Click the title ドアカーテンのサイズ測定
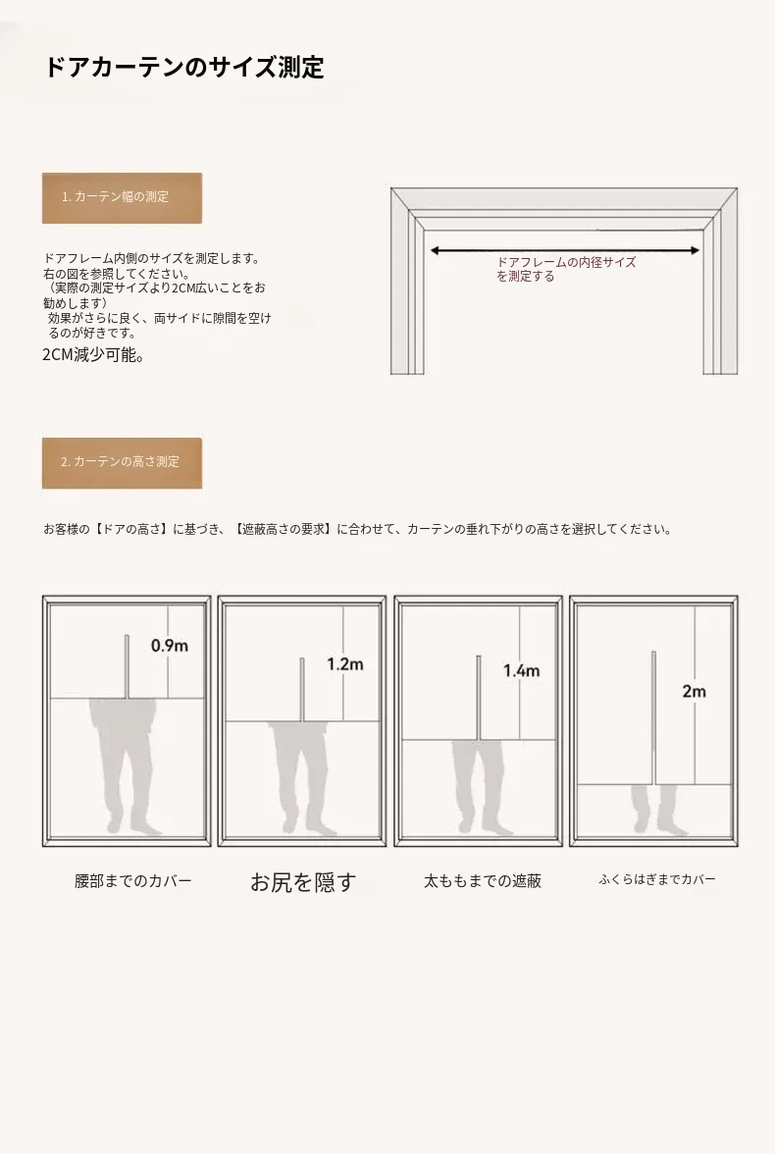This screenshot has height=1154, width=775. [184, 67]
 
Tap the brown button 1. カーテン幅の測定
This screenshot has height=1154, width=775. [123, 198]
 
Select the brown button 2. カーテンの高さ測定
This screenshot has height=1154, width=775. [123, 463]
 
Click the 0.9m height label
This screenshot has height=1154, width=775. [170, 646]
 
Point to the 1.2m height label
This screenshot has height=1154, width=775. [345, 663]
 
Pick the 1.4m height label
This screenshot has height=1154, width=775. [521, 670]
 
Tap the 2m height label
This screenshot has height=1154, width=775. [694, 691]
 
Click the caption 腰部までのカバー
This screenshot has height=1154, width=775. [133, 881]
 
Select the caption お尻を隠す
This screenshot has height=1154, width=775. [303, 881]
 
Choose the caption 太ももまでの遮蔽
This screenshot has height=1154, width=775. [483, 881]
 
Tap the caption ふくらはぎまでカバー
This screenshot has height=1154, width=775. [657, 879]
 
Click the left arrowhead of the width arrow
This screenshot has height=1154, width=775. [435, 251]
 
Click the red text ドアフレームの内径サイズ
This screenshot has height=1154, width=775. [566, 262]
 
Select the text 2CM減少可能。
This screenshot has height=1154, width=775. [93, 355]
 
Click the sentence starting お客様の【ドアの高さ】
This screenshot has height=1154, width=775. [358, 529]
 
